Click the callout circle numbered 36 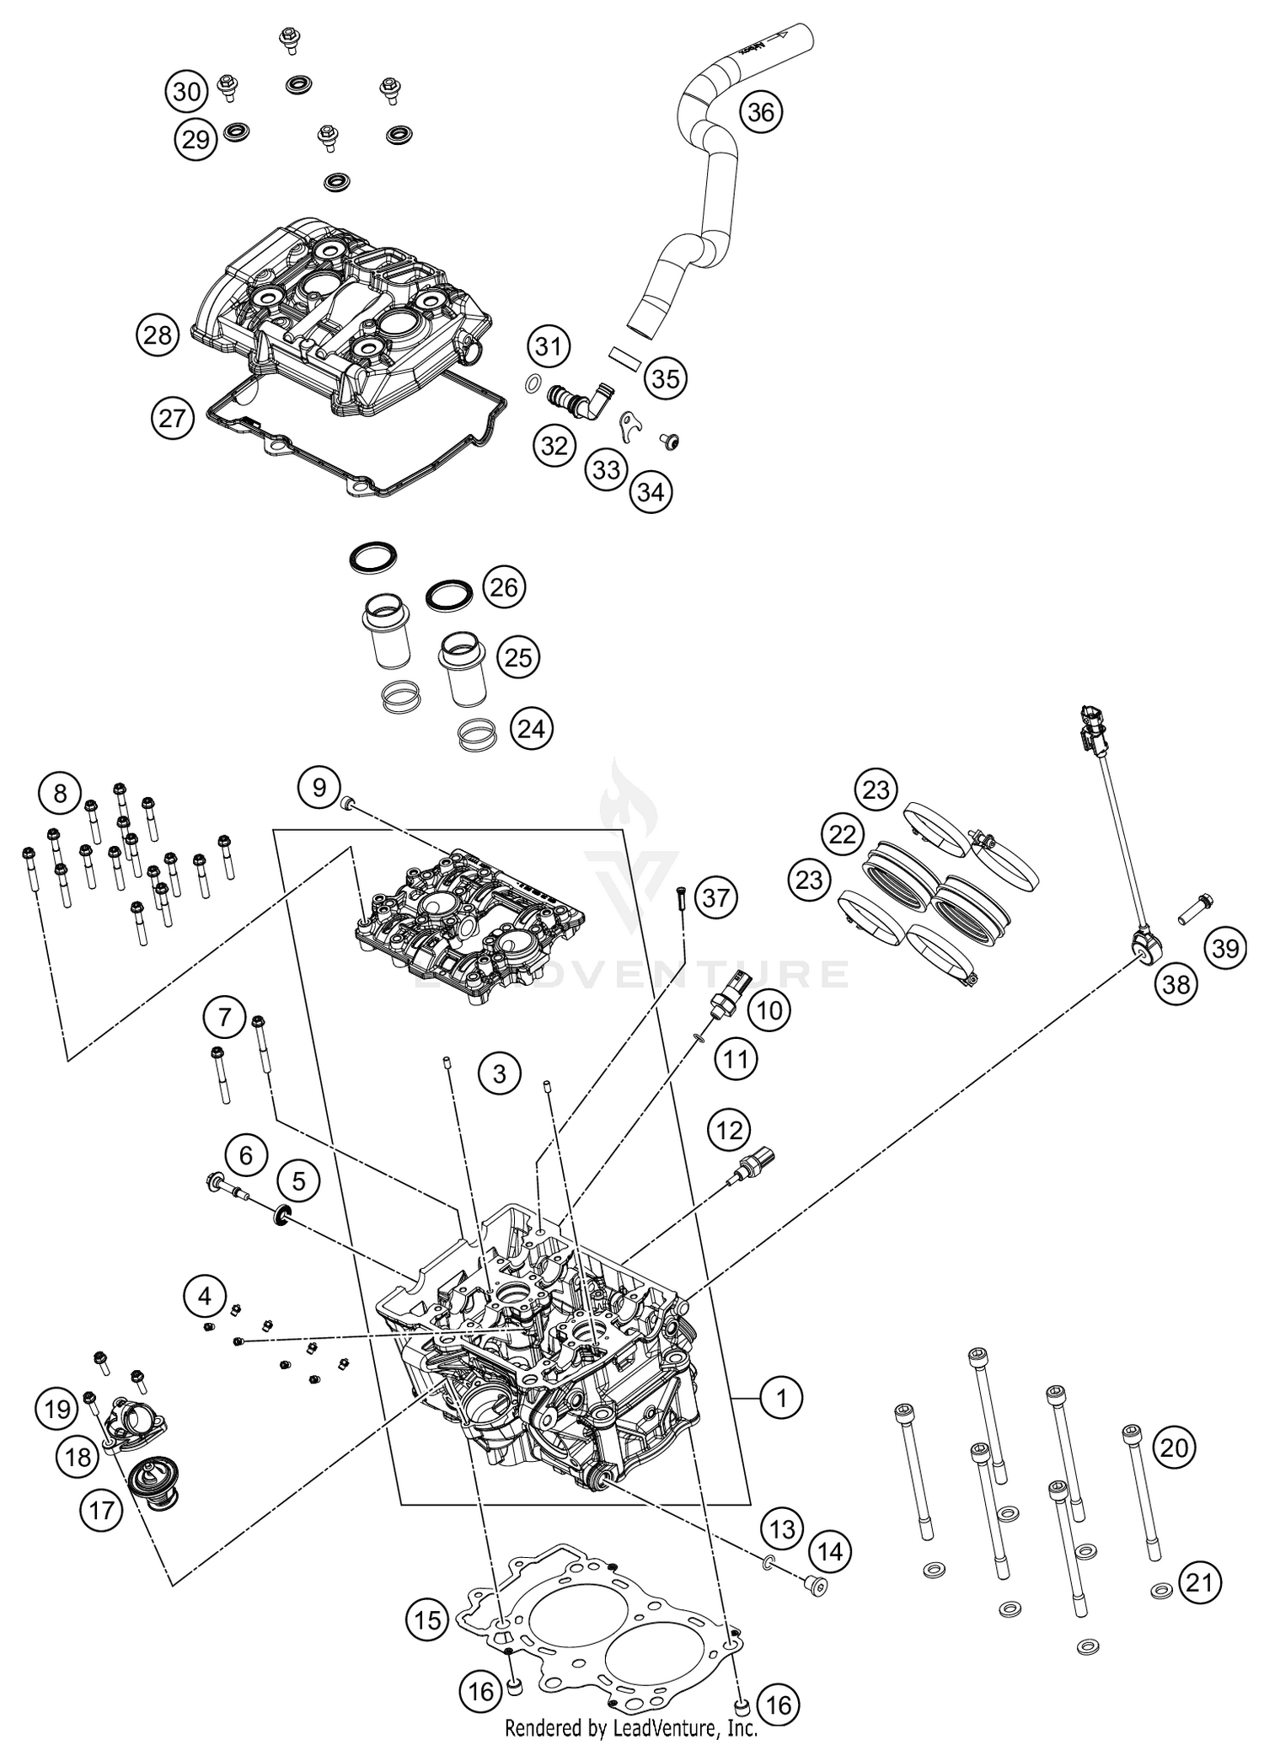(x=760, y=111)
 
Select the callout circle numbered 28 (x=158, y=335)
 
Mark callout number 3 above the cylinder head (x=500, y=1074)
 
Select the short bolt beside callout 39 (x=1195, y=908)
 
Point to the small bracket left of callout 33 (x=625, y=426)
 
